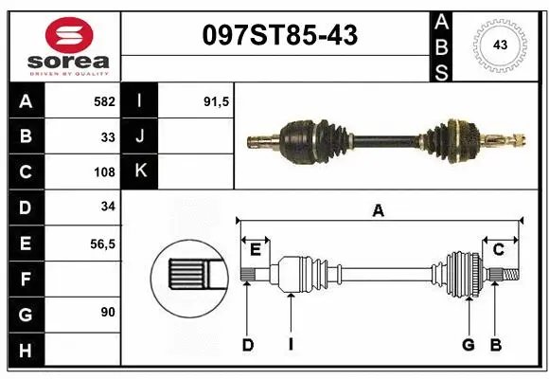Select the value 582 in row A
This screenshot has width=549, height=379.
tap(104, 100)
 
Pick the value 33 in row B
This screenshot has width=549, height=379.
tap(107, 136)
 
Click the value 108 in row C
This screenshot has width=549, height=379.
tap(104, 172)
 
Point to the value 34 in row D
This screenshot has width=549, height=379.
tap(107, 208)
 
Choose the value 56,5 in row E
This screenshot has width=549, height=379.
tap(102, 244)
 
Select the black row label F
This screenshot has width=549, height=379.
tap(25, 280)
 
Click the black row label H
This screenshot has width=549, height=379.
tap(25, 351)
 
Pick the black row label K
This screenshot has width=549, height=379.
tap(139, 171)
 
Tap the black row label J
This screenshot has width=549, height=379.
tap(139, 136)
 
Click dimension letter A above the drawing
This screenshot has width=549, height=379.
tap(379, 210)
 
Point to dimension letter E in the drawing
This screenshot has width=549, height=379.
tap(256, 249)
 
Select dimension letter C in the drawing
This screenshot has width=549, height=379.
tap(498, 249)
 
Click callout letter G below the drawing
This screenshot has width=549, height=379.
tap(468, 345)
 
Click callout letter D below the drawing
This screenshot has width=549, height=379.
tap(247, 345)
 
